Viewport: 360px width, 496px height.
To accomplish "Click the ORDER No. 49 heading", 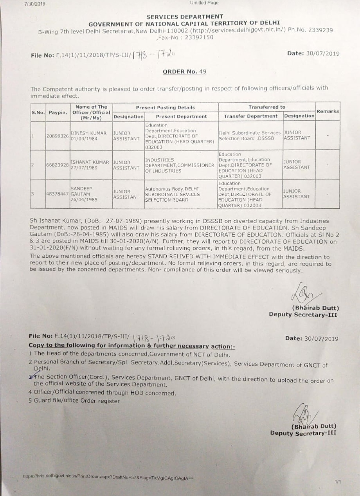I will coord(184,72).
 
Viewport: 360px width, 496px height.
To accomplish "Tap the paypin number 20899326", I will coord(58,136).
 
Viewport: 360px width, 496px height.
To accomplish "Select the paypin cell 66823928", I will coord(58,165).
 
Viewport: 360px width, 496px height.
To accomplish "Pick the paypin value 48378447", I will coord(58,194).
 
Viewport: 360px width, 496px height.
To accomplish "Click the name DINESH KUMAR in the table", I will coord(89,133).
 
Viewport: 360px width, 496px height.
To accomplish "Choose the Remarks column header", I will coord(328,111).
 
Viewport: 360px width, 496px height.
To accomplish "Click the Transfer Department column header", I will coord(251,116).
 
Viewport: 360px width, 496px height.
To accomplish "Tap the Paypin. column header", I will coord(58,112).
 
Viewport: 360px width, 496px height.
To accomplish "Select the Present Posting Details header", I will coord(165,107).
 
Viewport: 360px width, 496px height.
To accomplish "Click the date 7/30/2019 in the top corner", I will coord(35,4).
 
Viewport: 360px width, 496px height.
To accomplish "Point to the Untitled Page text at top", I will coord(204,3).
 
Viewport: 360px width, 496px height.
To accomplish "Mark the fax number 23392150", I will coord(199,37).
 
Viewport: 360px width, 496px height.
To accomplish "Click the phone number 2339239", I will coord(320,30).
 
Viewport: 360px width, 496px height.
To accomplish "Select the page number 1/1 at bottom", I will coord(338,482).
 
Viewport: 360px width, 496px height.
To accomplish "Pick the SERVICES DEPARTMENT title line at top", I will coord(185,16).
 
